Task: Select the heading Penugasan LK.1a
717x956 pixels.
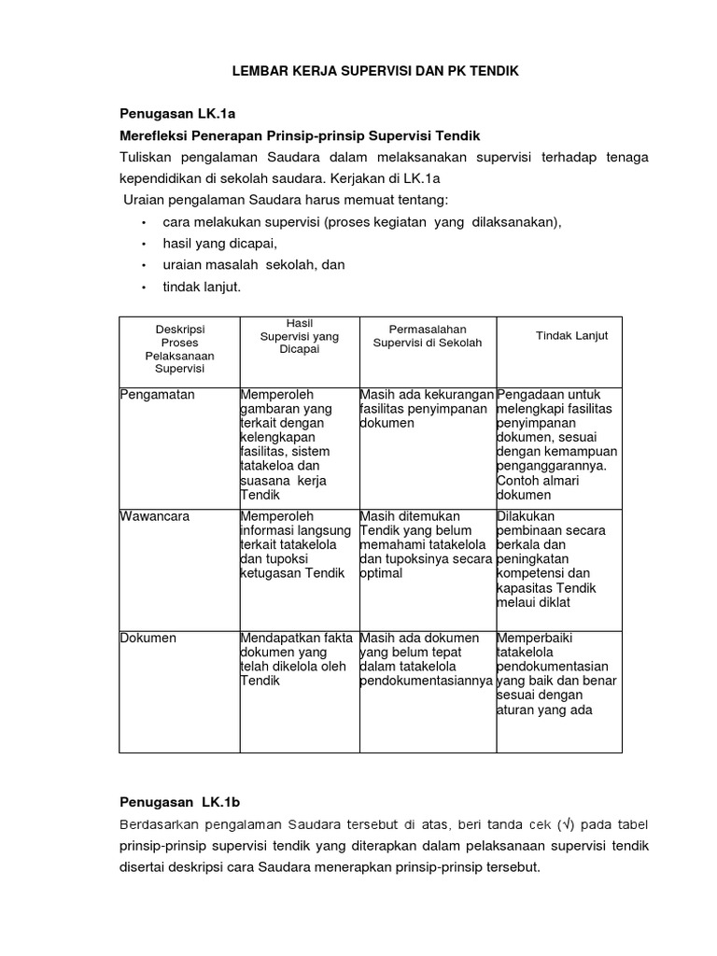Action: click(177, 114)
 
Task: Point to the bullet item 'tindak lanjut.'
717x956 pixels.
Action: click(202, 287)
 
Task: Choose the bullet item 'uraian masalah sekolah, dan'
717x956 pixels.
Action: click(253, 265)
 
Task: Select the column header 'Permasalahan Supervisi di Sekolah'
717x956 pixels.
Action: click(427, 336)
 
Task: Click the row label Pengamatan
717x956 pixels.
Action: click(158, 395)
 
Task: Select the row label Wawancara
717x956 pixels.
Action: click(156, 516)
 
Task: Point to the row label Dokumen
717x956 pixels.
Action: click(148, 638)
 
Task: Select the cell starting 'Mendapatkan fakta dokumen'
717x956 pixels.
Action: click(296, 659)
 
